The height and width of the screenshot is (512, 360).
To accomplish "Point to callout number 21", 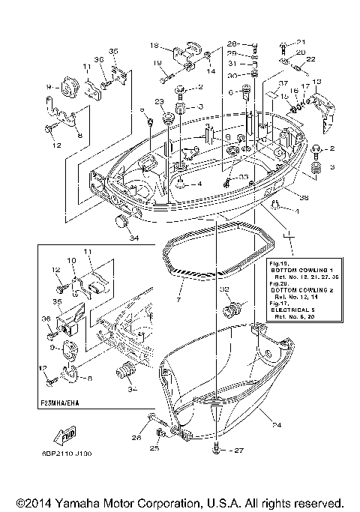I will [301, 42].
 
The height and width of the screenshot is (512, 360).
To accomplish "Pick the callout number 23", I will [159, 102].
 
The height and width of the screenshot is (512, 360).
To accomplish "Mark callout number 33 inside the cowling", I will [244, 177].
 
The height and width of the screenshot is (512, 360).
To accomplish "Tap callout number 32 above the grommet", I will [224, 289].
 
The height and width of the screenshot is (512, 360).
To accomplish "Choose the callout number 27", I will [239, 451].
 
